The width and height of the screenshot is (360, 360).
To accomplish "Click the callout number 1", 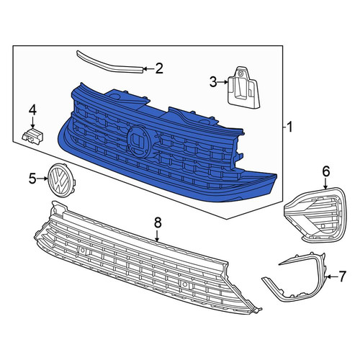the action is [290, 127].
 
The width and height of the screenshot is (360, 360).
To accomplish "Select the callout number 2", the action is [159, 68].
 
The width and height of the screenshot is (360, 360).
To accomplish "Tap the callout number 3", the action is [213, 82].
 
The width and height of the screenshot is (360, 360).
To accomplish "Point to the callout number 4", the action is [32, 111].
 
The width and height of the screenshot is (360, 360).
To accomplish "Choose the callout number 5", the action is [32, 179].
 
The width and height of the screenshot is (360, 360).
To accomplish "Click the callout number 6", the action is [326, 171].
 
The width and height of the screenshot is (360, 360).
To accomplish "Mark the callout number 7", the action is [342, 276].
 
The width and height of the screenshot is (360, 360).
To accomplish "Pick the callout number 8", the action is [158, 223].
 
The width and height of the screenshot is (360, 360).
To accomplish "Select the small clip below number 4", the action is [32, 136].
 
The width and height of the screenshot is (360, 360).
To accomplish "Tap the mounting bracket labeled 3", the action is [243, 87].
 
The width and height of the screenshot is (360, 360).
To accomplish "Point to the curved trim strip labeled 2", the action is [110, 62].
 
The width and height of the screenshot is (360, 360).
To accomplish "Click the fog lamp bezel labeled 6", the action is [315, 214].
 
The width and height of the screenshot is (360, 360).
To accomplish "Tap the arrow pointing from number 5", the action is [42, 179].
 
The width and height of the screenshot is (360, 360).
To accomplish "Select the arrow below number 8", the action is [157, 235].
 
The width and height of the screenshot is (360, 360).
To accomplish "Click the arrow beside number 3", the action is [222, 82].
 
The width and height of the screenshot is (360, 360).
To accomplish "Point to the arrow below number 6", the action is [325, 184].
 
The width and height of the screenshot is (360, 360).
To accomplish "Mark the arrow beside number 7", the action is [331, 277].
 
